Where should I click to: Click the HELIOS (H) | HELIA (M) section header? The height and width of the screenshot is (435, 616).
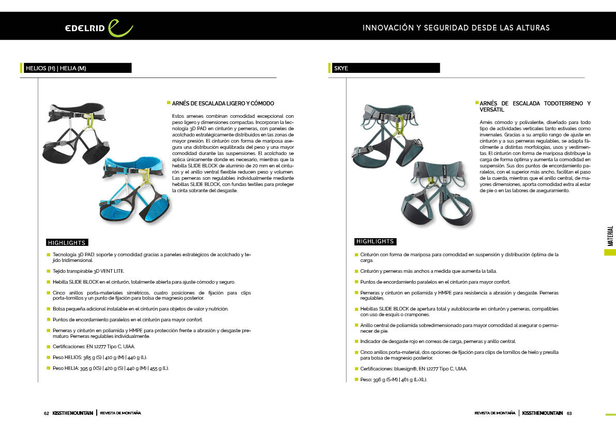(x=56, y=68)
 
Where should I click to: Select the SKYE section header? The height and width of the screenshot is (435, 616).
(x=341, y=68)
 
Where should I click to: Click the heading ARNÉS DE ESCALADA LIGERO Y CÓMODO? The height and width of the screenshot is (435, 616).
(x=223, y=104)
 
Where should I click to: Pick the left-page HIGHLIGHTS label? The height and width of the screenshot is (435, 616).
(x=66, y=242)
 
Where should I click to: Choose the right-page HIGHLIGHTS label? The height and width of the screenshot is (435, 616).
(x=375, y=241)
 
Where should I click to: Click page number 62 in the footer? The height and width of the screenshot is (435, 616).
(x=46, y=413)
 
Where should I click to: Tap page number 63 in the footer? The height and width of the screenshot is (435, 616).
(x=569, y=413)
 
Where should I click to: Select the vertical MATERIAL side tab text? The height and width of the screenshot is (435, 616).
(x=610, y=236)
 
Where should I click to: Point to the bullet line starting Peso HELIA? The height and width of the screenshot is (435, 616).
(x=111, y=368)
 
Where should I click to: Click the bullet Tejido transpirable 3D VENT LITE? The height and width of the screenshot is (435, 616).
(x=88, y=271)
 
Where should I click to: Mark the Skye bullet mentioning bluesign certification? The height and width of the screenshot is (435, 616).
(x=414, y=369)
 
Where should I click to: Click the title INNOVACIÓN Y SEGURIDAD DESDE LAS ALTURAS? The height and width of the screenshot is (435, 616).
(x=456, y=28)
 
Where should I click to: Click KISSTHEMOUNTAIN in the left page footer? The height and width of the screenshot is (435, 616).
(x=73, y=413)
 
